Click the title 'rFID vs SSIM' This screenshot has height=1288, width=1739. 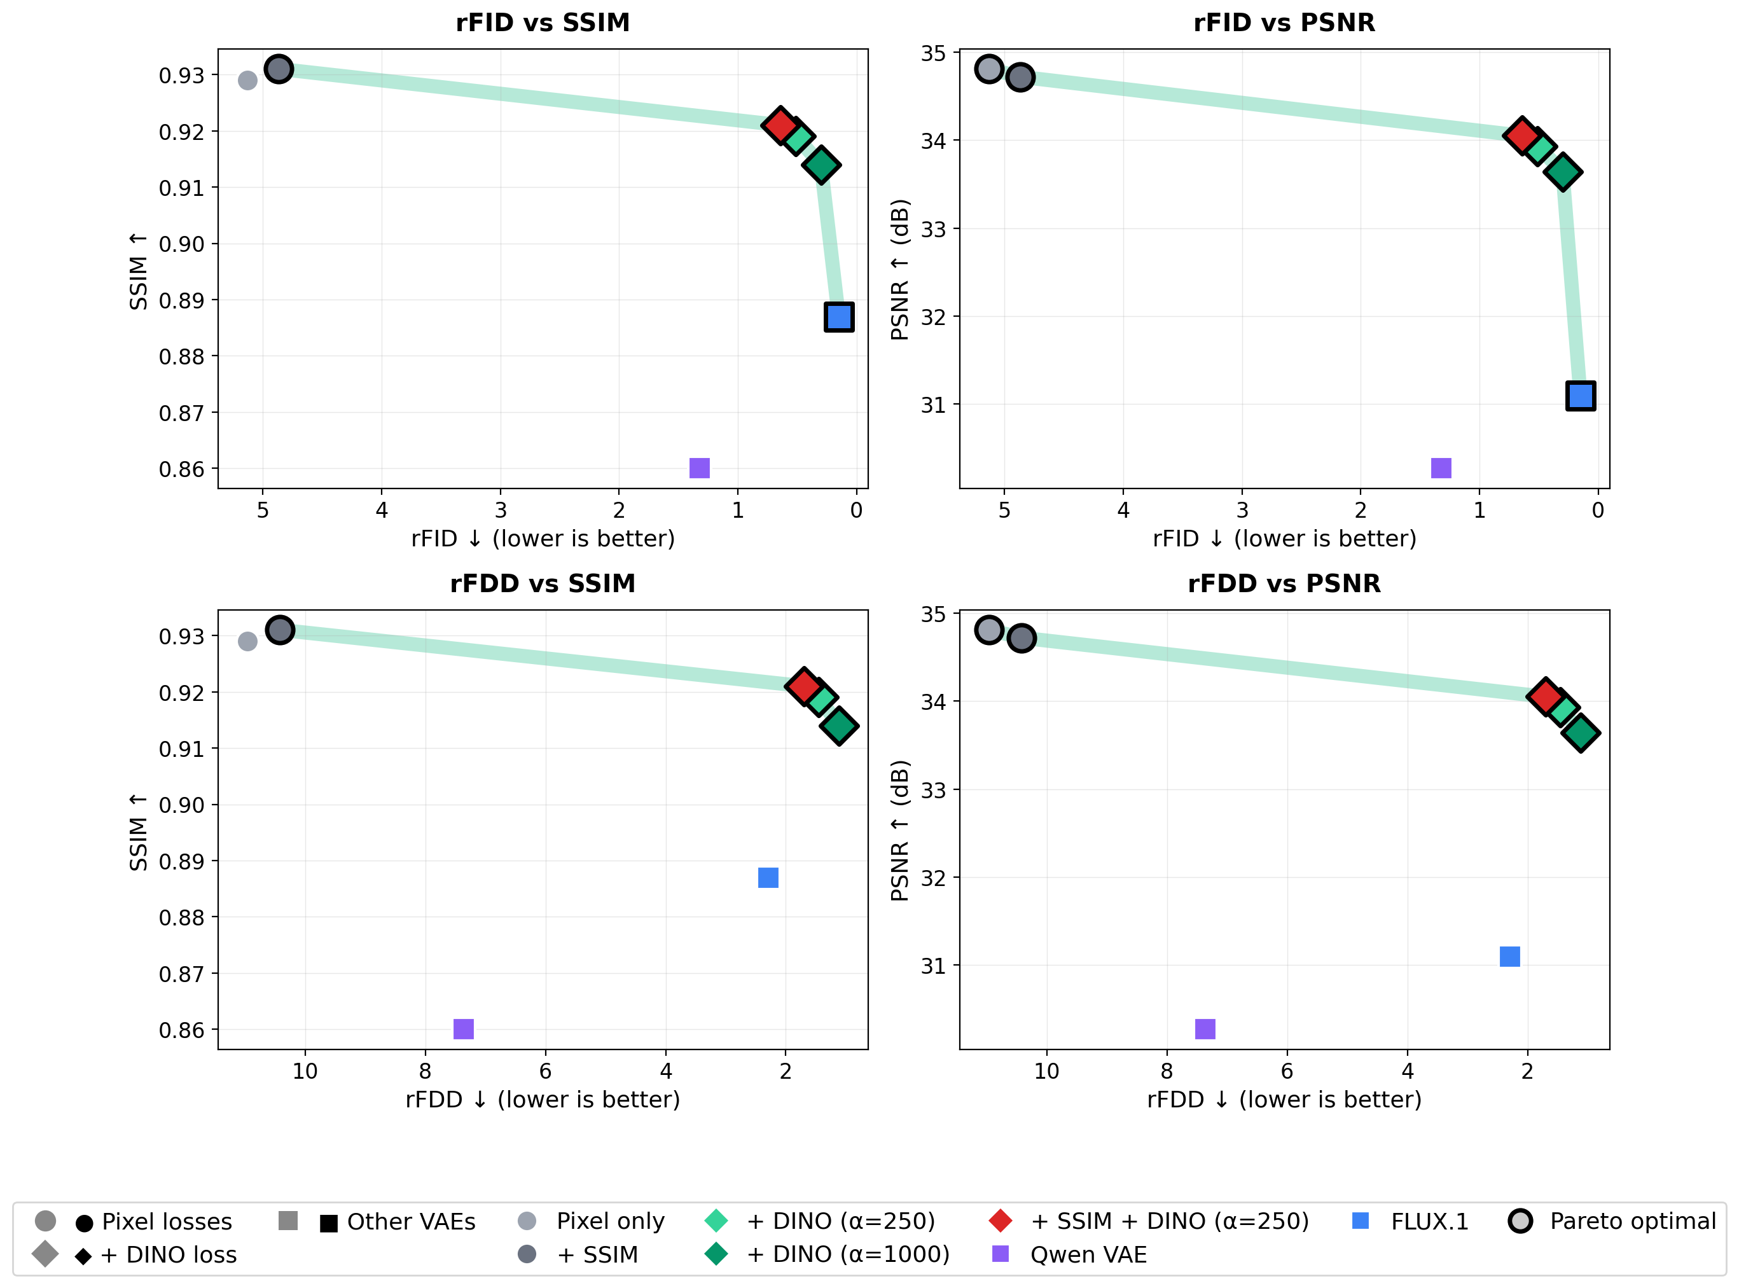point(543,23)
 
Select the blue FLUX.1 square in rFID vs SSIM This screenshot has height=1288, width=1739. point(839,317)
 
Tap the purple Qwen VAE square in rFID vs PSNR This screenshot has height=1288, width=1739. point(1441,467)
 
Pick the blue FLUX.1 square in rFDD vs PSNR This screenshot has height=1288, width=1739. point(1510,957)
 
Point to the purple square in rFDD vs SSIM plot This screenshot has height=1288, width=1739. point(463,1029)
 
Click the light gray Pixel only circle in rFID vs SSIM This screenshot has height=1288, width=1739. point(247,80)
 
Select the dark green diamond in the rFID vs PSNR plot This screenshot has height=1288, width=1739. point(1563,172)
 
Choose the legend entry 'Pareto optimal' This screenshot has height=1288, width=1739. point(1632,1221)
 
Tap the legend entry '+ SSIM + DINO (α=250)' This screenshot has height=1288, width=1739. point(1169,1221)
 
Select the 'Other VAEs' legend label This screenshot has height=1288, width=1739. point(411,1222)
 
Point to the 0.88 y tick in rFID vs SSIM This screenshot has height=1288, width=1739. point(182,357)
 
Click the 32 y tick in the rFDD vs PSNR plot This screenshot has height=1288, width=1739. point(933,878)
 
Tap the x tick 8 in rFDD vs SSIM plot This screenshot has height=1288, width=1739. point(425,1071)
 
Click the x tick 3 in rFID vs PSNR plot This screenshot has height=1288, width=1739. point(1242,511)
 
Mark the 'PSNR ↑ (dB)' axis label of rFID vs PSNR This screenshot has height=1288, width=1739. point(899,269)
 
